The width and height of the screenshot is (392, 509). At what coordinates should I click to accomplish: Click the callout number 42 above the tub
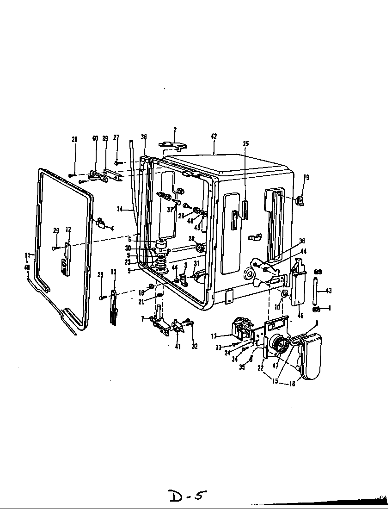coord(214,137)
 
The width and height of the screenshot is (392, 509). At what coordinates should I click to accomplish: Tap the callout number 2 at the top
coord(175,130)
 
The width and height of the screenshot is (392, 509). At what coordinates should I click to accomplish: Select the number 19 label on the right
coord(306,177)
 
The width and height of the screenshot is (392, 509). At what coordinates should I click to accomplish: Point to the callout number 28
coord(74,139)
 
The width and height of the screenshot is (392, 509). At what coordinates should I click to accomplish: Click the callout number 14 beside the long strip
coord(119,209)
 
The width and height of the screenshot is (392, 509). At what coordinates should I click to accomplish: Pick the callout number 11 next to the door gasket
coord(27,255)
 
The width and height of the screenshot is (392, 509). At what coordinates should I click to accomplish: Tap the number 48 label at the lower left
coord(27,267)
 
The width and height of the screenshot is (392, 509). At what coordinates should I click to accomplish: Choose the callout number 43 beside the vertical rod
coord(329,291)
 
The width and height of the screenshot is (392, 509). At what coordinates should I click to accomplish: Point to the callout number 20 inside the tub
coord(191,238)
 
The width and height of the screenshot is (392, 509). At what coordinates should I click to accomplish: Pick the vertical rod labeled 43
coord(316,291)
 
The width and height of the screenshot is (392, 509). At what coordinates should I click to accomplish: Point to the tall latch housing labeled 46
coord(299,285)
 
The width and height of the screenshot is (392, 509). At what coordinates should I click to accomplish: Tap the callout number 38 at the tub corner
coord(144,137)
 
